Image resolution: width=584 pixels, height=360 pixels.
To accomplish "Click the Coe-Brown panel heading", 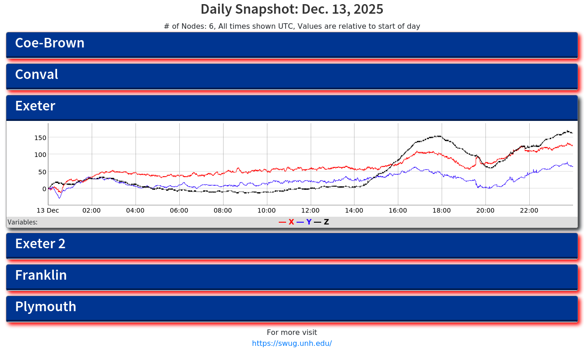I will pyautogui.click(x=50, y=43).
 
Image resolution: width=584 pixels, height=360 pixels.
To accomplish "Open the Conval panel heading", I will pyautogui.click(x=36, y=75).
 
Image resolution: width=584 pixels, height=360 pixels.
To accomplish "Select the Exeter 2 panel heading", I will pyautogui.click(x=40, y=244).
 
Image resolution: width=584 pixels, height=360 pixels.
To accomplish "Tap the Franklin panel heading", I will pyautogui.click(x=41, y=276).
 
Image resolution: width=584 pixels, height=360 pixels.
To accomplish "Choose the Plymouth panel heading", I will pyautogui.click(x=46, y=307).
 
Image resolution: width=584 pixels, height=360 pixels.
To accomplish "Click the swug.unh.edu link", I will pyautogui.click(x=292, y=344).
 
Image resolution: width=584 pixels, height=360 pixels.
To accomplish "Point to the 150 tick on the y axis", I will pyautogui.click(x=41, y=138).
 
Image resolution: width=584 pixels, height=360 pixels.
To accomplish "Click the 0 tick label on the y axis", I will pyautogui.click(x=44, y=189).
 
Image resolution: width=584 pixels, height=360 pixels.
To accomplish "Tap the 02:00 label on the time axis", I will pyautogui.click(x=92, y=211).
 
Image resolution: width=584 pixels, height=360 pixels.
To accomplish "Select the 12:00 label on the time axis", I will pyautogui.click(x=311, y=211).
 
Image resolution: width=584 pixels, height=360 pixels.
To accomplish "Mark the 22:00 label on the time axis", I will pyautogui.click(x=529, y=211).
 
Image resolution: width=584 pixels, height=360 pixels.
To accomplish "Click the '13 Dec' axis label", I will pyautogui.click(x=48, y=211).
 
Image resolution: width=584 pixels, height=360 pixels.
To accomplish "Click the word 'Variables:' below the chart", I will pyautogui.click(x=23, y=223).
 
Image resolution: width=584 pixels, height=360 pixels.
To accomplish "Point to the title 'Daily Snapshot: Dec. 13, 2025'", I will pyautogui.click(x=292, y=10).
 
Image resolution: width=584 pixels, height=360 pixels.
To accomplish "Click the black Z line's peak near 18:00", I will pyautogui.click(x=438, y=136).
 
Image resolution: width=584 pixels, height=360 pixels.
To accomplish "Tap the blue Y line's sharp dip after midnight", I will pyautogui.click(x=59, y=198).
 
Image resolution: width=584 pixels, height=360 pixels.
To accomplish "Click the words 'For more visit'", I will pyautogui.click(x=292, y=333).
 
